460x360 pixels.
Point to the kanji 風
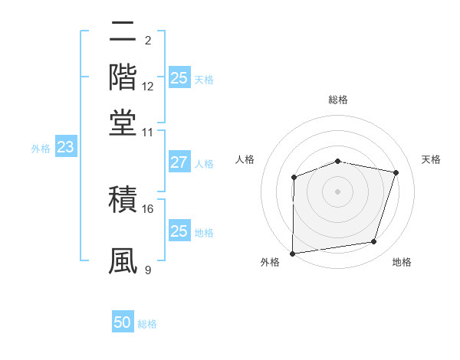click(123, 261)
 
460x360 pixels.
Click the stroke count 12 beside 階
click(148, 87)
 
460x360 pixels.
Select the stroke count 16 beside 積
click(148, 208)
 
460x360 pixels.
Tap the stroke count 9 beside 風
click(148, 270)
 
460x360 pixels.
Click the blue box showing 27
click(179, 162)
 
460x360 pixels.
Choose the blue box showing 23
click(65, 148)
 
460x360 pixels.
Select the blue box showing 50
click(123, 322)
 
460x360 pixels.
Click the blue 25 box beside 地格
click(179, 231)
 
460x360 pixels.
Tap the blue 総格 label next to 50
click(147, 324)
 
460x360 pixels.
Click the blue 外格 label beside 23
click(41, 149)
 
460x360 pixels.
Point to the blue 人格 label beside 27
click(204, 164)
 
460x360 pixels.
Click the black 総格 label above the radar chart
click(338, 100)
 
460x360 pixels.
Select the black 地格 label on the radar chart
click(402, 263)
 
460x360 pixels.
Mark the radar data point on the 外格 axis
click(293, 254)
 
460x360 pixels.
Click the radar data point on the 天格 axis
click(396, 172)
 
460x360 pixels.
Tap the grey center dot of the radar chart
click(337, 191)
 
